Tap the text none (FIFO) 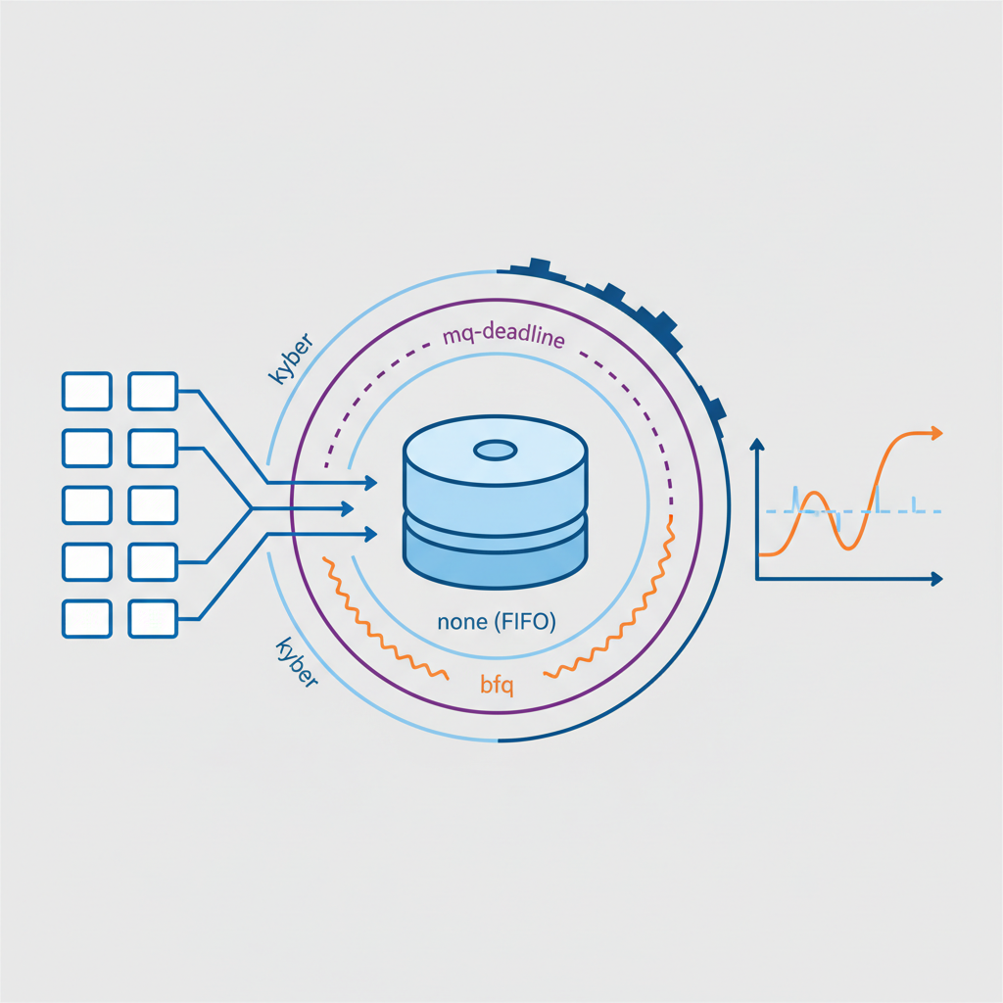497,623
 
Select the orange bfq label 497,686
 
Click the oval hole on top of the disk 495,451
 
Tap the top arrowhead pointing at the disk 371,483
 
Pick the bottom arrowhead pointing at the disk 371,534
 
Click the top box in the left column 86,391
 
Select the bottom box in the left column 86,619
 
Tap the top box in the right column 153,391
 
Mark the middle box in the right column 153,504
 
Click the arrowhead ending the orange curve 936,432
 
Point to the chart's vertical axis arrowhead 756,444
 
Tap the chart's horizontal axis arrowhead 936,579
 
